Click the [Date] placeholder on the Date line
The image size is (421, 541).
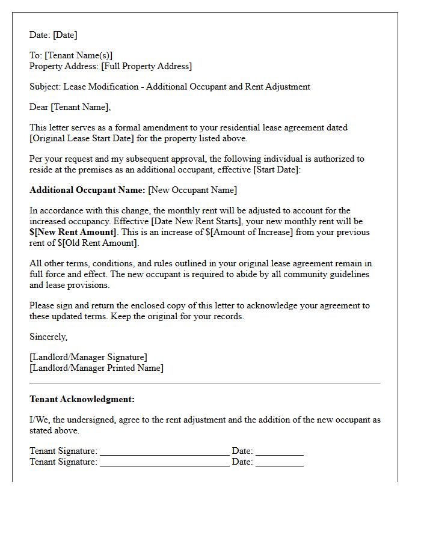(65, 35)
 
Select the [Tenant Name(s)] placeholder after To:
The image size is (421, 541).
(78, 56)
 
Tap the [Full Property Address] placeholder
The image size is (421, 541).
(146, 67)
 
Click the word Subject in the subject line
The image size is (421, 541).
(45, 87)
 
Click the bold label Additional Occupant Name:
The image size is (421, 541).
(87, 190)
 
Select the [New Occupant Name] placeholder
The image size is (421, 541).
(192, 190)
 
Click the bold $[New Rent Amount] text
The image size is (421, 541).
(73, 232)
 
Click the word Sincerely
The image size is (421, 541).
(49, 337)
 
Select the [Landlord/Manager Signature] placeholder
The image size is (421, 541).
(88, 357)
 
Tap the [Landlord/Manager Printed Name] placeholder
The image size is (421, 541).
(96, 368)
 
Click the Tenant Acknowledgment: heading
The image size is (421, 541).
(82, 399)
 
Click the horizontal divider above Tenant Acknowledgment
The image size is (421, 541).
(204, 383)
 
